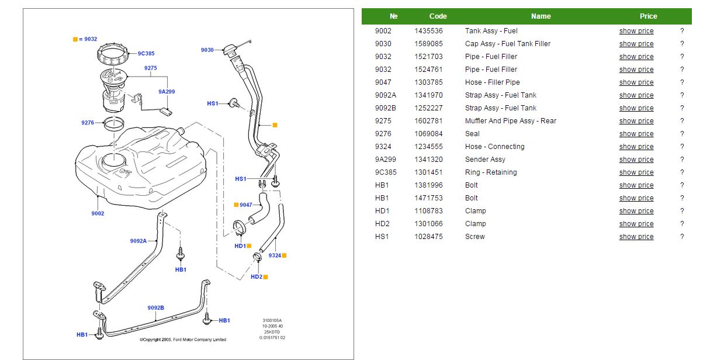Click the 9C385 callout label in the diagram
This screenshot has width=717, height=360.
146,54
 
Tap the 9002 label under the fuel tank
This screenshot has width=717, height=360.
98,213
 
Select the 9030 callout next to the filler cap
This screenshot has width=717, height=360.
207,50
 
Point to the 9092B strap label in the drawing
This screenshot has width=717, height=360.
155,307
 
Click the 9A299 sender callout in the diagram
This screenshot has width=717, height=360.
167,92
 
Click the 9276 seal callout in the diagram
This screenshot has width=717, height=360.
88,123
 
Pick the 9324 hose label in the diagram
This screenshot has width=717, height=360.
275,255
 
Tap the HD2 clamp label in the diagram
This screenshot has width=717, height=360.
257,277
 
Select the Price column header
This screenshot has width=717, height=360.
648,16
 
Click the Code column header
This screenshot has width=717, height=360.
438,16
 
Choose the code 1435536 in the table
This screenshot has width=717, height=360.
428,31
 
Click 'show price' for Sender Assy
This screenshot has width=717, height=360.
636,160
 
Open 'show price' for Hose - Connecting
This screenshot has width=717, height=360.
636,147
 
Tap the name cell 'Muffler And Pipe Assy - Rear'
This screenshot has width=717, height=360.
510,121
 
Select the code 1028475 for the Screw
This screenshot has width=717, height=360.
428,237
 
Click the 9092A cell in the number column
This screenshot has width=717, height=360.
385,95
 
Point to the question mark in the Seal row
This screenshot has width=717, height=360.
681,134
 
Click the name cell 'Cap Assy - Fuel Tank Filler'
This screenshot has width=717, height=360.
507,44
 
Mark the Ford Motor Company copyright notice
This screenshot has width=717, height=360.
183,340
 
